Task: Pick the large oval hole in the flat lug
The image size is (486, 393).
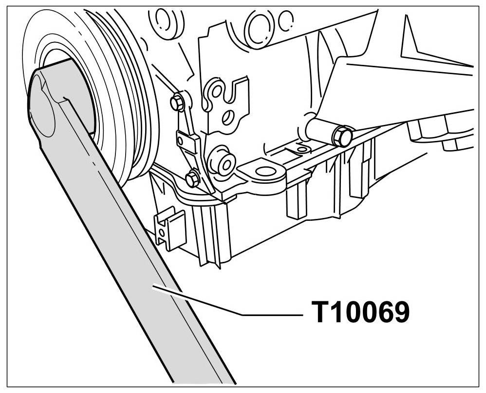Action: (x=264, y=171)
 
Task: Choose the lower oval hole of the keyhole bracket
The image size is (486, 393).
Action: (x=226, y=117)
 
